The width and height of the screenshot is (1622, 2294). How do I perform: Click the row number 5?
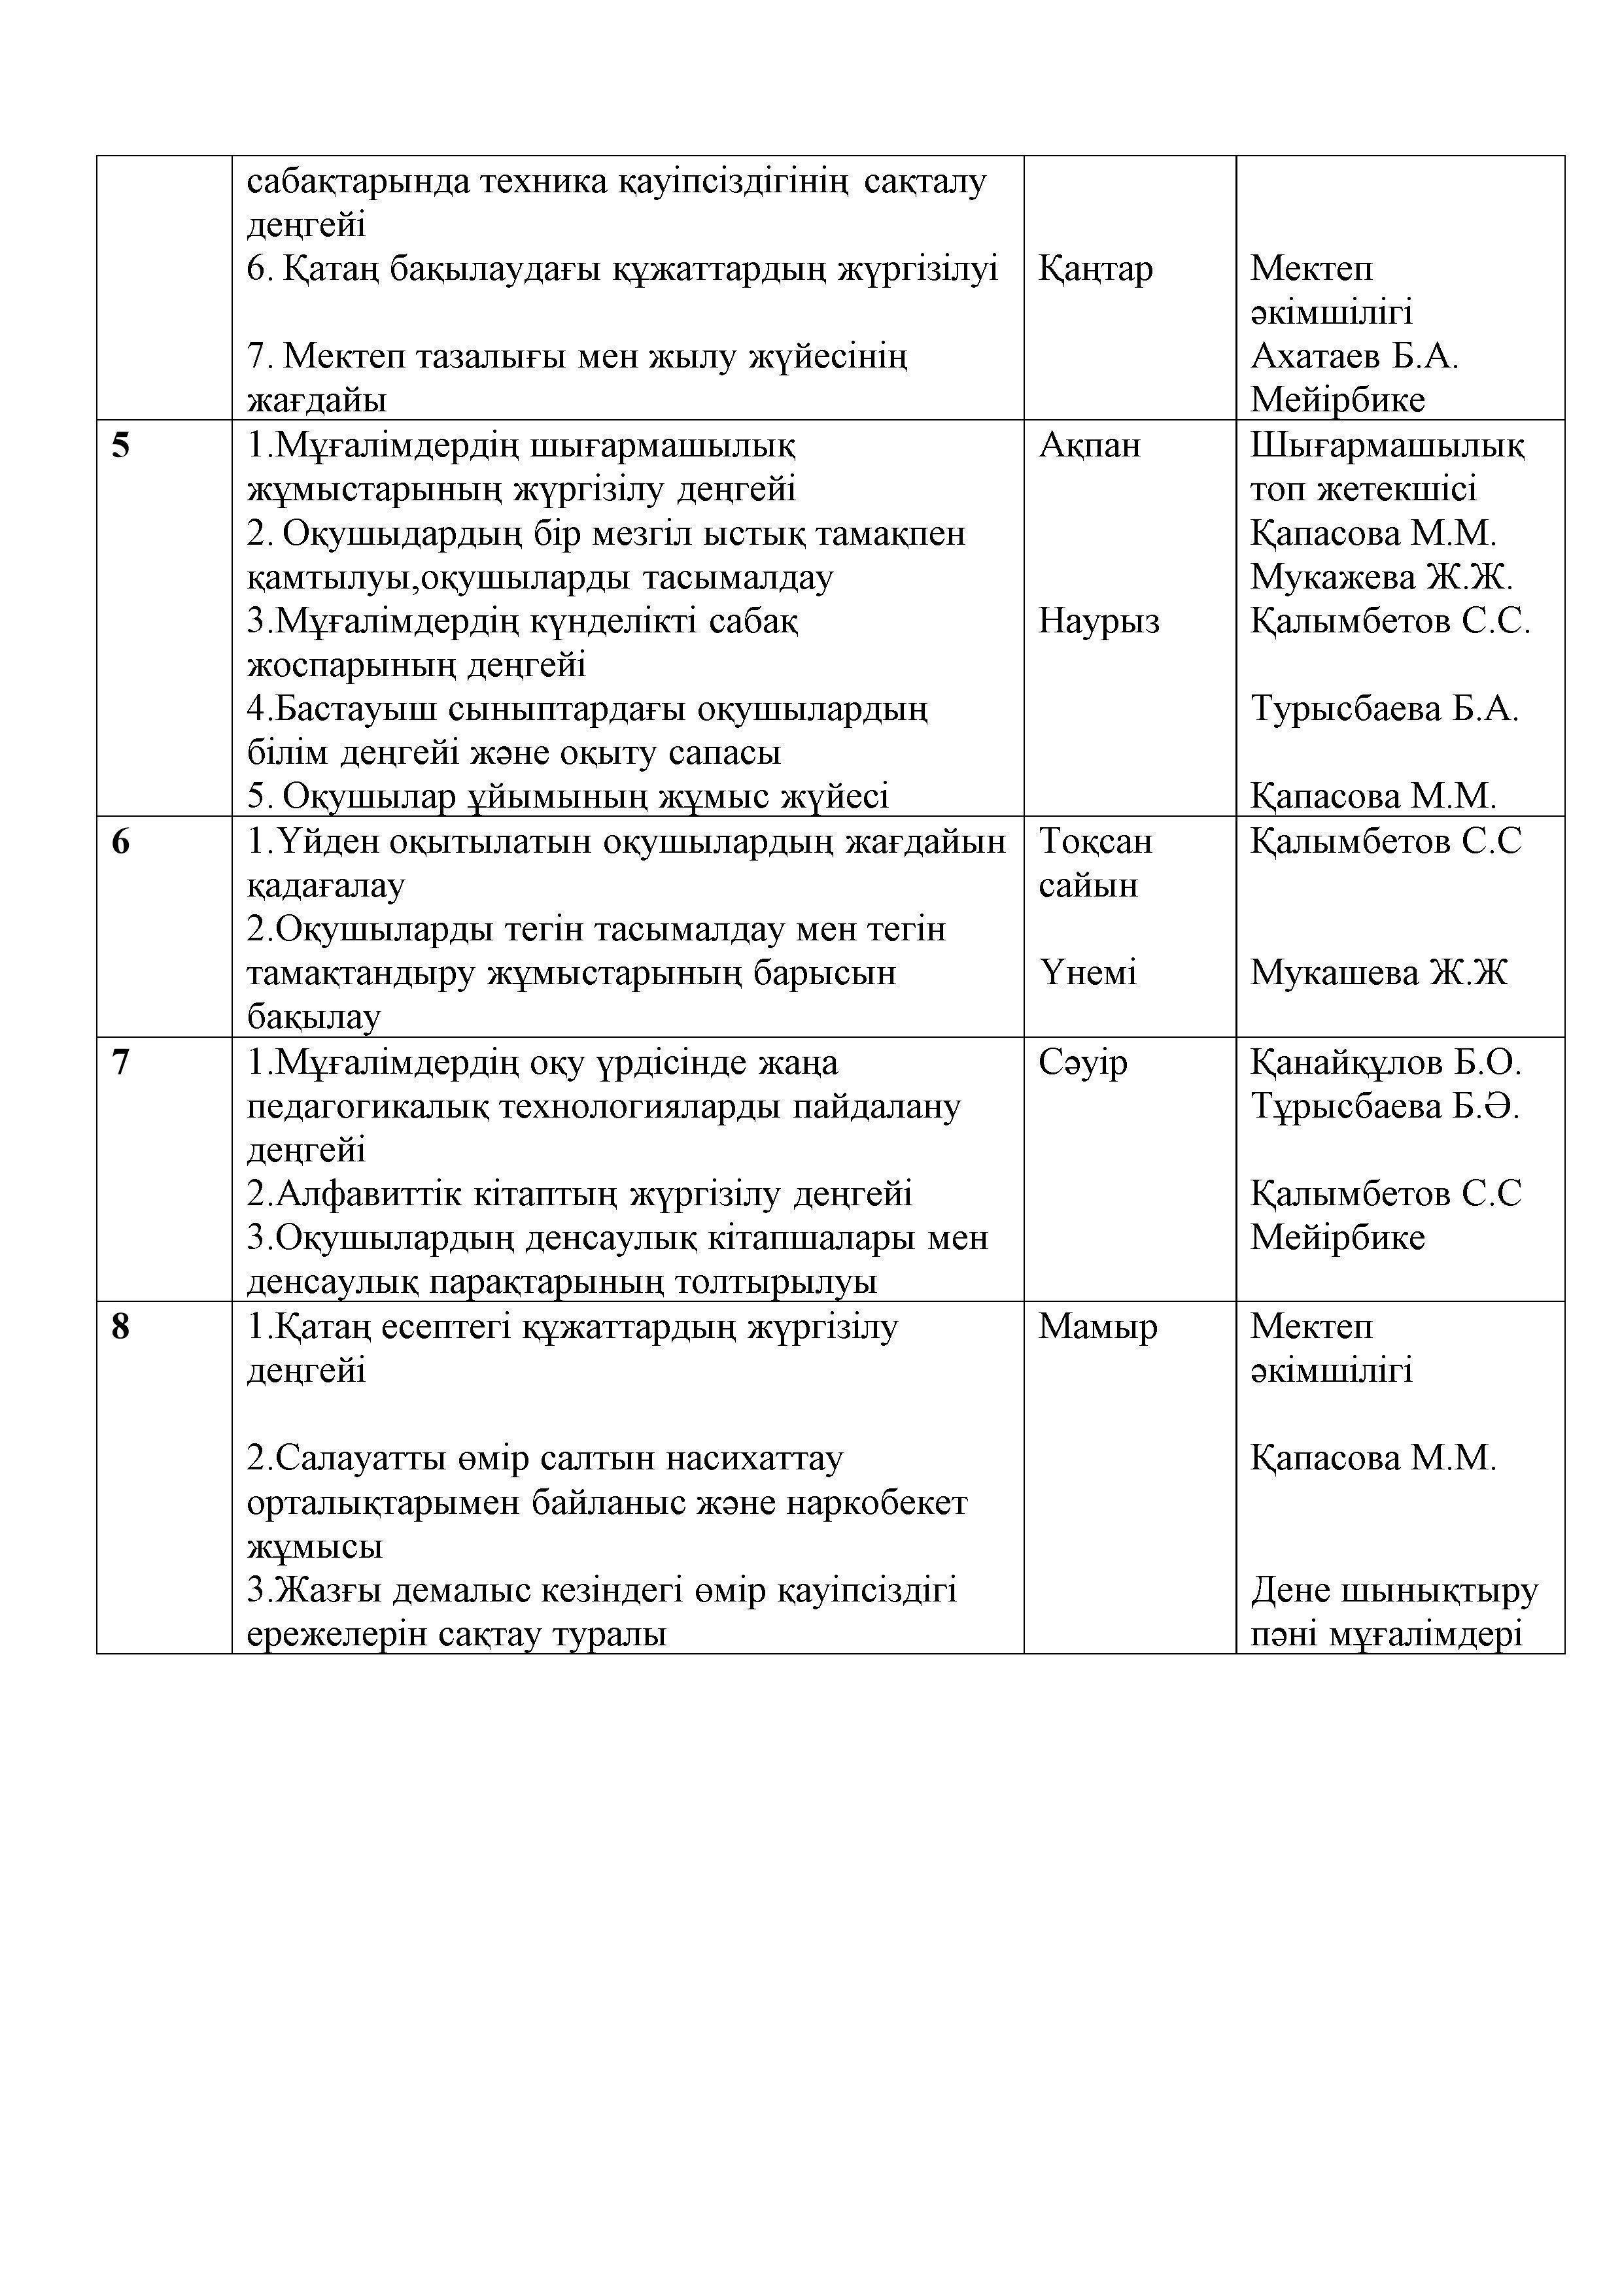(120, 445)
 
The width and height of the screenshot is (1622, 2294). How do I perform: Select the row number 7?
(120, 1062)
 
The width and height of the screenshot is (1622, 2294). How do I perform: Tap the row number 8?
(120, 1327)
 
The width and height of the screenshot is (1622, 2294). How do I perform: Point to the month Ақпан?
(1090, 445)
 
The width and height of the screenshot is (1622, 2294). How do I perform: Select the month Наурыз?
(1098, 621)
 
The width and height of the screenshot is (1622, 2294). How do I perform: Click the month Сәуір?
(1082, 1062)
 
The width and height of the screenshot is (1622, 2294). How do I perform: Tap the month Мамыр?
(1097, 1327)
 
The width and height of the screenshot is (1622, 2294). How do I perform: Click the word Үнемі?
(1088, 973)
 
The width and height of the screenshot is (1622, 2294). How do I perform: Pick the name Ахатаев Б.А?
(1354, 356)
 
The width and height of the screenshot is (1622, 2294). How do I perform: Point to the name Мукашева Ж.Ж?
(1378, 973)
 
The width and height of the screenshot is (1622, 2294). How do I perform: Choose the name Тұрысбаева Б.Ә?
(1384, 1106)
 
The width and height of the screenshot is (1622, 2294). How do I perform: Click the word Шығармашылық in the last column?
(1387, 445)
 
